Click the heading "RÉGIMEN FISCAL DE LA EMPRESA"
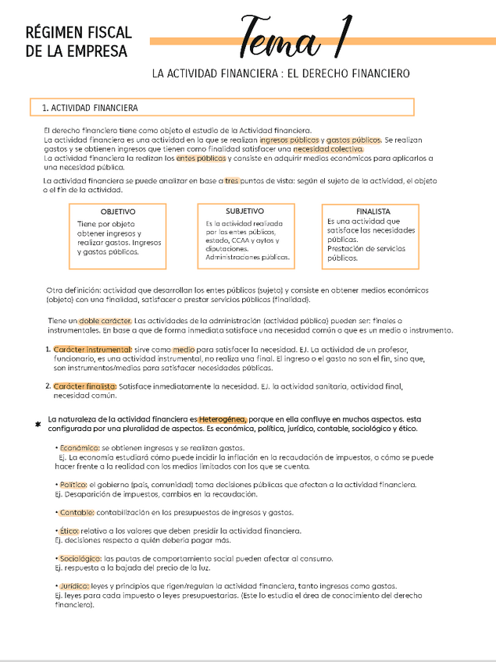pos(78,42)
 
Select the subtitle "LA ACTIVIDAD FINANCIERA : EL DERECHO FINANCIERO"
pos(280,74)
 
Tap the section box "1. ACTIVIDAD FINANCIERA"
pos(221,107)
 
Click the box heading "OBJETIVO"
pos(118,212)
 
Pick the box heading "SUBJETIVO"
pos(244,211)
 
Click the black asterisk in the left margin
pos(37,425)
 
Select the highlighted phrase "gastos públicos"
pos(354,139)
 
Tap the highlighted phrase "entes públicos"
pos(201,158)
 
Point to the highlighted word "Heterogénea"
pos(223,419)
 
